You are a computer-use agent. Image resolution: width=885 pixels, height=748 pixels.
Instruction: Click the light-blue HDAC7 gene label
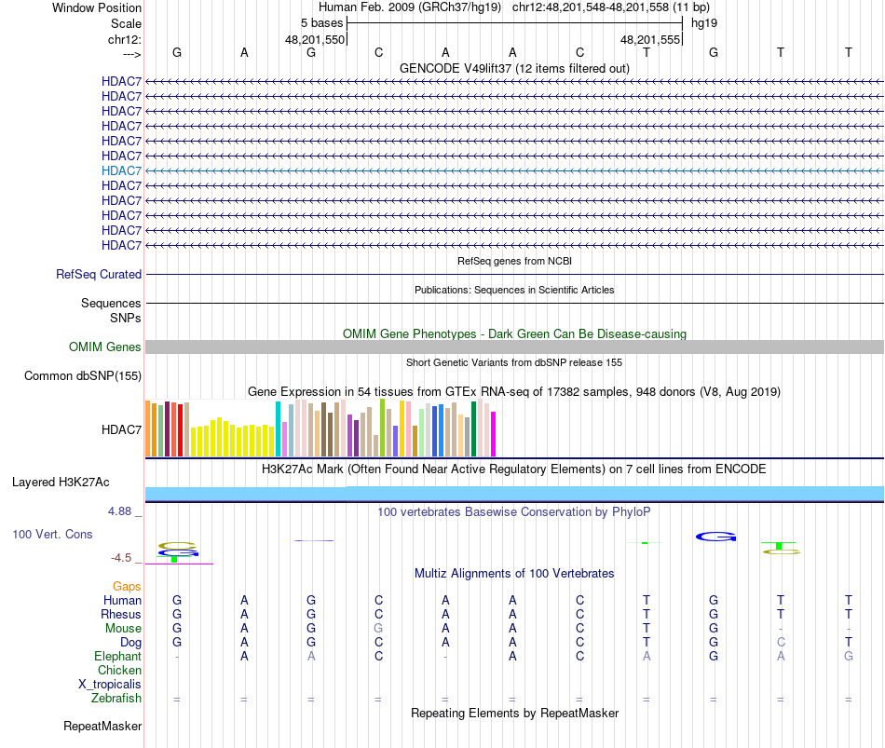point(122,170)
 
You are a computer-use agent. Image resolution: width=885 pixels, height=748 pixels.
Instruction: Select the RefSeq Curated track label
point(99,275)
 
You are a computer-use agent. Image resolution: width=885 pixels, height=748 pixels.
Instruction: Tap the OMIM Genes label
point(105,347)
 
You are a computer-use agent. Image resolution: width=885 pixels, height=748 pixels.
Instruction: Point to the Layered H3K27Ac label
point(61,483)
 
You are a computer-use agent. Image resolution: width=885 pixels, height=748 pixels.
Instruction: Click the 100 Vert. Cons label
point(52,535)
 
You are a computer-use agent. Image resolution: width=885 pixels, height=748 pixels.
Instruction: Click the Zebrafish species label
point(116,699)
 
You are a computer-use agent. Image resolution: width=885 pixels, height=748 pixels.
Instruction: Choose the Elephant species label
point(117,657)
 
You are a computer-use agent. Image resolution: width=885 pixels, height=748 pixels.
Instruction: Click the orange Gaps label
point(127,587)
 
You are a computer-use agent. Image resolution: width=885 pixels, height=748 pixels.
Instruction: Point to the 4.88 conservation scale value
point(122,511)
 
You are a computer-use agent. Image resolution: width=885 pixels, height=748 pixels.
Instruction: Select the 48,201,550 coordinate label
point(315,40)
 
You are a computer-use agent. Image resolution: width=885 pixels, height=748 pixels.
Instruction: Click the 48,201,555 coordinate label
point(651,40)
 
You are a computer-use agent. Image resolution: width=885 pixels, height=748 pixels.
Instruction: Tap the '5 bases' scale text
point(321,22)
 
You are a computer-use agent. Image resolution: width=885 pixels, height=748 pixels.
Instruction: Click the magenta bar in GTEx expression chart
point(494,434)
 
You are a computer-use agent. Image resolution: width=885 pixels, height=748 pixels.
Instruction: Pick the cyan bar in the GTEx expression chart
point(278,429)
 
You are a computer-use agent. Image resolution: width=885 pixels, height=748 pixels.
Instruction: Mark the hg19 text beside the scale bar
point(704,22)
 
